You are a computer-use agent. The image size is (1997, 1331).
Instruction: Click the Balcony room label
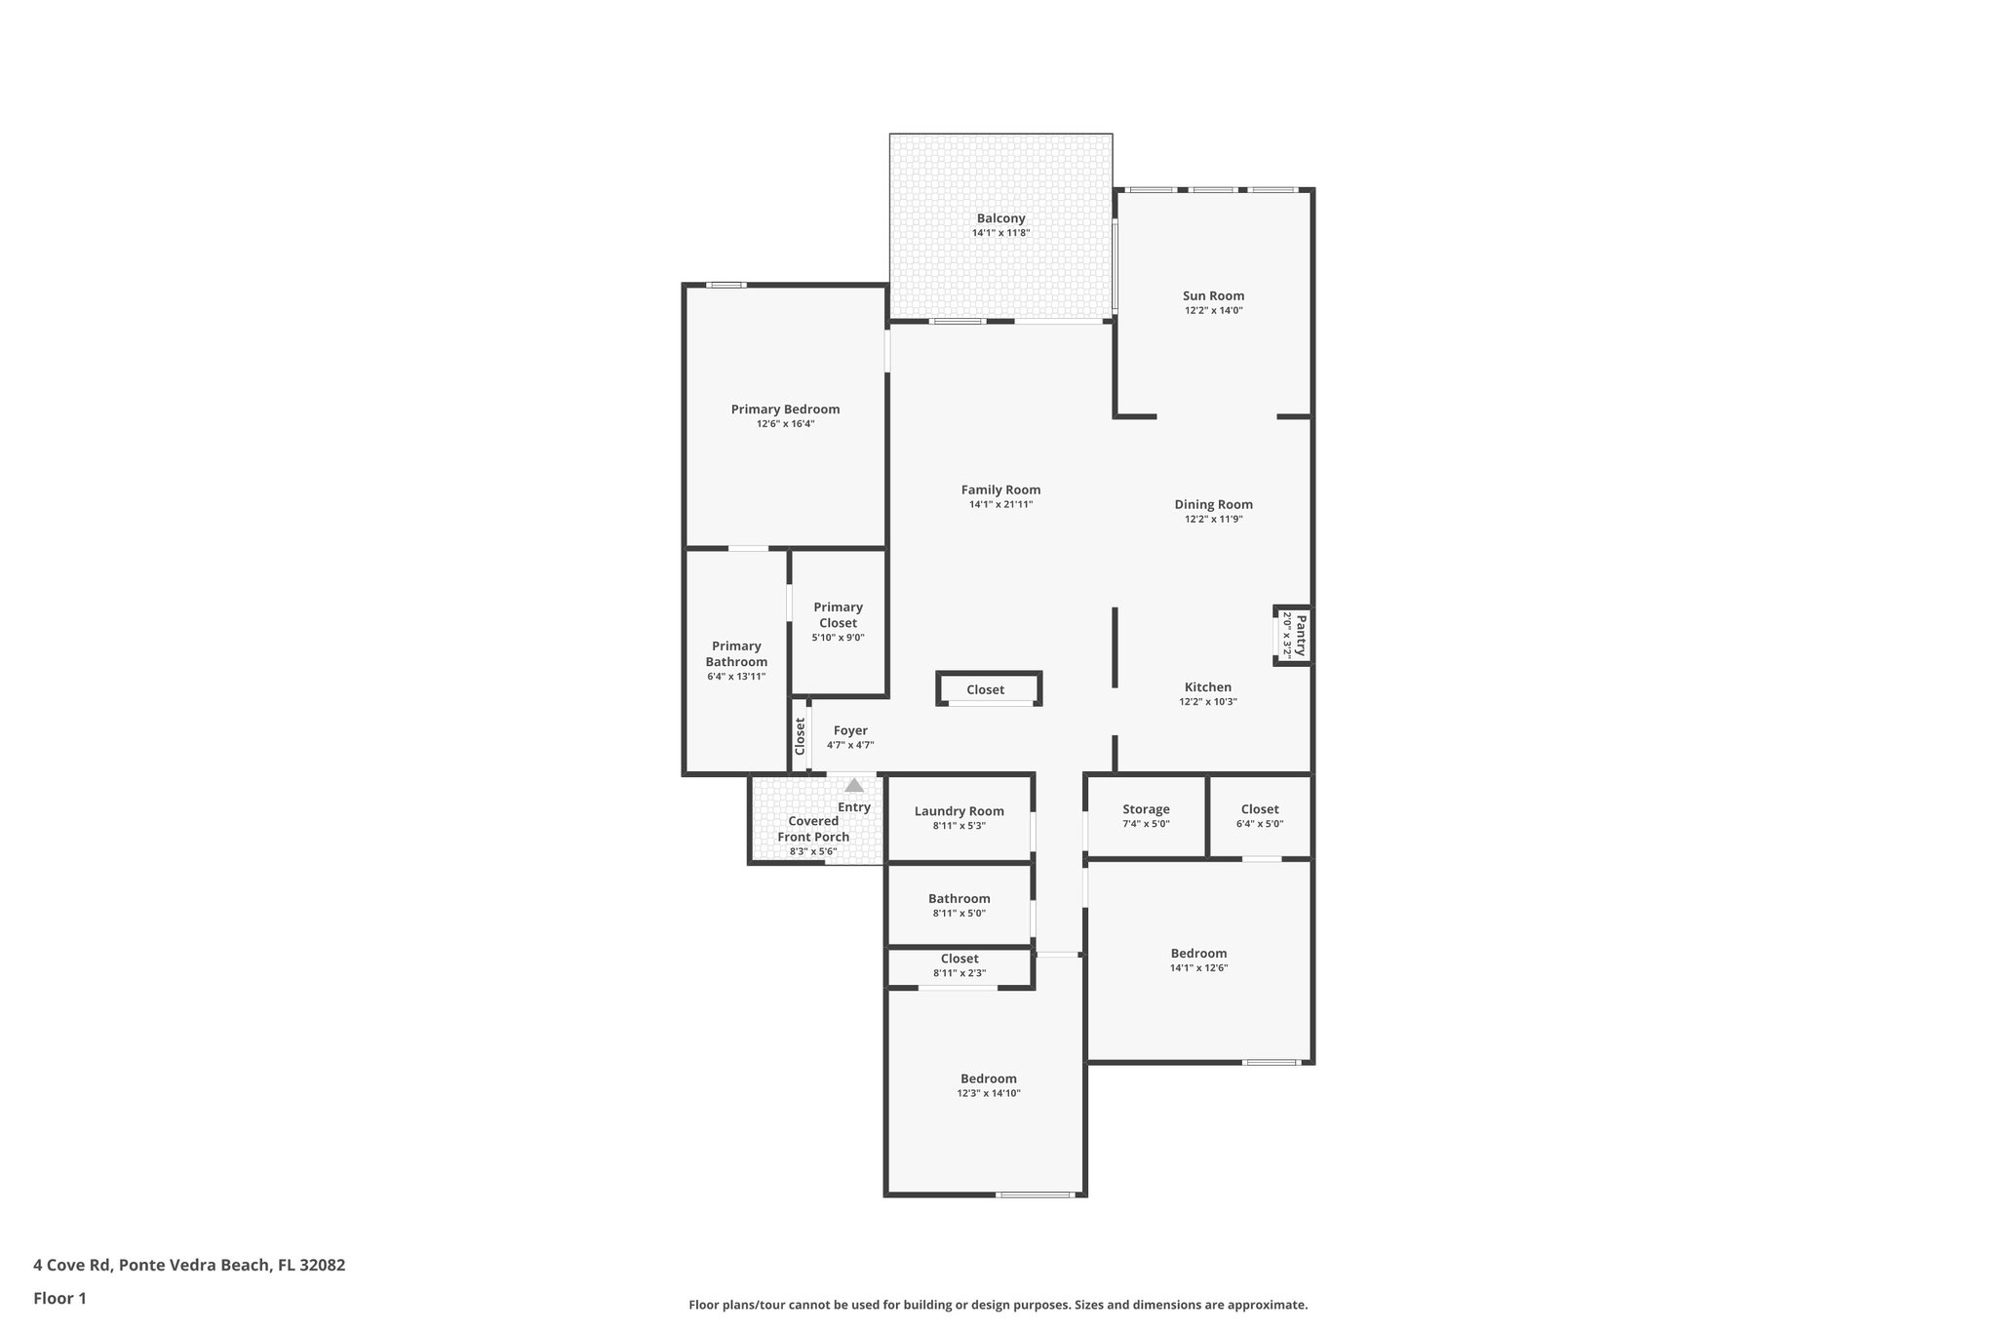point(1000,218)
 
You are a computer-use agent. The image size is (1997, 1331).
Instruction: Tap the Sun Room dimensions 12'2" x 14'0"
point(1213,311)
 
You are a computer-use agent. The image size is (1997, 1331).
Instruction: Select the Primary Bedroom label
point(785,410)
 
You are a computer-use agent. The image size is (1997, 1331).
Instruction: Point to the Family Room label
point(1000,490)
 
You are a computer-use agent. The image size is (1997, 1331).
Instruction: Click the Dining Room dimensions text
point(1213,520)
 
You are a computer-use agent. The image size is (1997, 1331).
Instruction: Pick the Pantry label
point(1300,635)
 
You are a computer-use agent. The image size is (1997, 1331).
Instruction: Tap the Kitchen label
point(1207,687)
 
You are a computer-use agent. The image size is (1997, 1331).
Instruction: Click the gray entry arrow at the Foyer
point(854,785)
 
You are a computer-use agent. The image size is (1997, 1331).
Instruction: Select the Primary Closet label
point(838,615)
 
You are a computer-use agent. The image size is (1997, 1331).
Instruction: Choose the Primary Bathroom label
point(736,654)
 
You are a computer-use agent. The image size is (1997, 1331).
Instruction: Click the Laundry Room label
point(959,811)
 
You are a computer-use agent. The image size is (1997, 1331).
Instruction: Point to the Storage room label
point(1146,809)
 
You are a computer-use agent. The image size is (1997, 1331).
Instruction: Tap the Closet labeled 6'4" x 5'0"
point(1259,809)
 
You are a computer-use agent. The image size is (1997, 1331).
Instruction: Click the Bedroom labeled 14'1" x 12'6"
point(1198,954)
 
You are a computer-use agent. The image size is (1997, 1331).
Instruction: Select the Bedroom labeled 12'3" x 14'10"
point(988,1078)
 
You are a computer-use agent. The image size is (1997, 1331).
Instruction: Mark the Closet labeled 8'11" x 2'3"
point(959,959)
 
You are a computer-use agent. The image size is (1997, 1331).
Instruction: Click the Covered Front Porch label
point(813,829)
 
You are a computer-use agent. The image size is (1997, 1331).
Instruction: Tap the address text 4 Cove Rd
point(189,1266)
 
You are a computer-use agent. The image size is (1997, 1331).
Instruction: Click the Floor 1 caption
point(59,1299)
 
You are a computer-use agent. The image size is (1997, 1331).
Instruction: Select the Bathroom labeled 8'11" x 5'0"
point(959,899)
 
